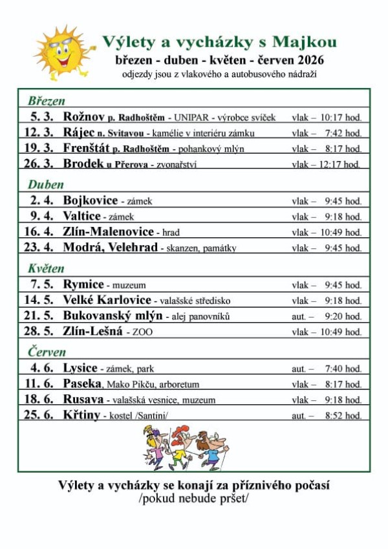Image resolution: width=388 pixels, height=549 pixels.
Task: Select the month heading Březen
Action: [x=47, y=101]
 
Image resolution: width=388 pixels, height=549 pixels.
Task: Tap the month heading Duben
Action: [x=45, y=184]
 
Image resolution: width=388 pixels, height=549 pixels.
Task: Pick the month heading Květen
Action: [x=46, y=268]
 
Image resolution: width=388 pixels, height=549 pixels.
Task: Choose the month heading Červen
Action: [x=47, y=352]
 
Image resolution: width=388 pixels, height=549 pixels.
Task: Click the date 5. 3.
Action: [x=42, y=117]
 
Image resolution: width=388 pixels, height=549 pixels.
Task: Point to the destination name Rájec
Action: [x=79, y=133]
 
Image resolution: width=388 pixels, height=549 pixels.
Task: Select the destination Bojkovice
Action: [x=91, y=201]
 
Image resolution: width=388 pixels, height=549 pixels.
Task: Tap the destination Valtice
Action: [x=82, y=217]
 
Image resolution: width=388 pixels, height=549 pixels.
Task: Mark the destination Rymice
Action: [x=83, y=285]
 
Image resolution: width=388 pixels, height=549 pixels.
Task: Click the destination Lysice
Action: [x=80, y=369]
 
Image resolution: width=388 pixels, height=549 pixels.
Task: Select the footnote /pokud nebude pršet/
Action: [x=193, y=499]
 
